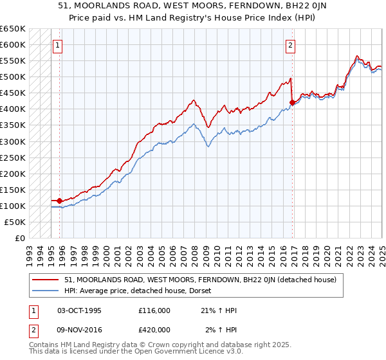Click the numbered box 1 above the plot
(x=58, y=45)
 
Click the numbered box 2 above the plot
(x=291, y=45)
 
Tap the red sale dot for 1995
(x=60, y=201)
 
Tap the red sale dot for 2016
(x=292, y=102)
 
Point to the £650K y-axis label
(x=14, y=29)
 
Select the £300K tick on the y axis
(x=14, y=141)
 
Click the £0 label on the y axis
(x=20, y=238)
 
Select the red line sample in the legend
(x=46, y=280)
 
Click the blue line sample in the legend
(x=46, y=291)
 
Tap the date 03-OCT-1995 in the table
(x=79, y=311)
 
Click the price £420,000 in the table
(x=154, y=330)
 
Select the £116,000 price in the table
(x=154, y=311)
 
